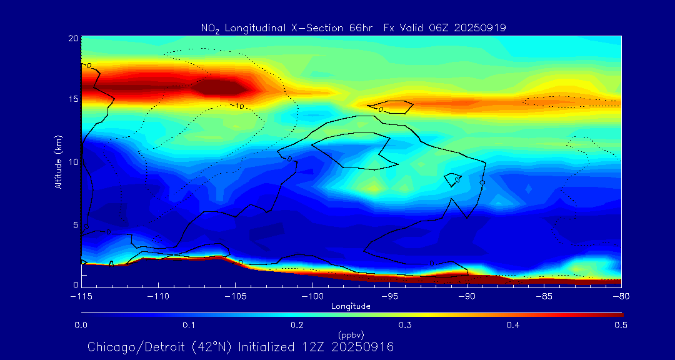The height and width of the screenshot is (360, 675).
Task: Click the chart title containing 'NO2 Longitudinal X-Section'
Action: [x=353, y=27]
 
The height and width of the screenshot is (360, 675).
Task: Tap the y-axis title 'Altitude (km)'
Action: [x=58, y=162]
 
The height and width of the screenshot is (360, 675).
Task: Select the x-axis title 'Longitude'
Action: [x=351, y=306]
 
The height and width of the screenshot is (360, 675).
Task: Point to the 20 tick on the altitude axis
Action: [x=72, y=38]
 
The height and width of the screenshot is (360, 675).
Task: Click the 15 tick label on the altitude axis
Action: [x=72, y=99]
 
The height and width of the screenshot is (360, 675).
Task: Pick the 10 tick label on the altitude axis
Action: [x=72, y=162]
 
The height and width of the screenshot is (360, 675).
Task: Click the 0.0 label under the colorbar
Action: [x=81, y=325]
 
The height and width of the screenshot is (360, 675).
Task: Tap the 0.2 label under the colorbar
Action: [x=297, y=325]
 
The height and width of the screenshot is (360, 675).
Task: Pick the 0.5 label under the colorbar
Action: [x=621, y=325]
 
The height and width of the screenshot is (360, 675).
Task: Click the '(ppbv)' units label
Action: [x=351, y=334]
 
